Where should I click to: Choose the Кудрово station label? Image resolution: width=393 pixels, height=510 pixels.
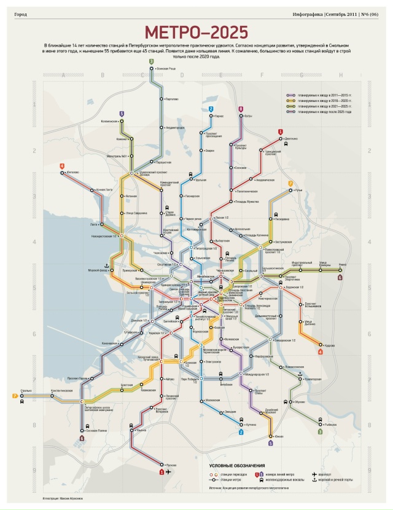330,345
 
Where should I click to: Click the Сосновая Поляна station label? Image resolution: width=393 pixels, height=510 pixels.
96,430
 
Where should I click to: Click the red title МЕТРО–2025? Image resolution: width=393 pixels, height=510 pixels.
196,33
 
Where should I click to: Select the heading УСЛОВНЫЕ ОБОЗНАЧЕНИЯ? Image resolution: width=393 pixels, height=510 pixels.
236,466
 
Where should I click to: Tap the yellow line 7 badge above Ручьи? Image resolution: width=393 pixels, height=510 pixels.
290,183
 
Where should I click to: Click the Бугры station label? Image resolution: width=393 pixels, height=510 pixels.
248,116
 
